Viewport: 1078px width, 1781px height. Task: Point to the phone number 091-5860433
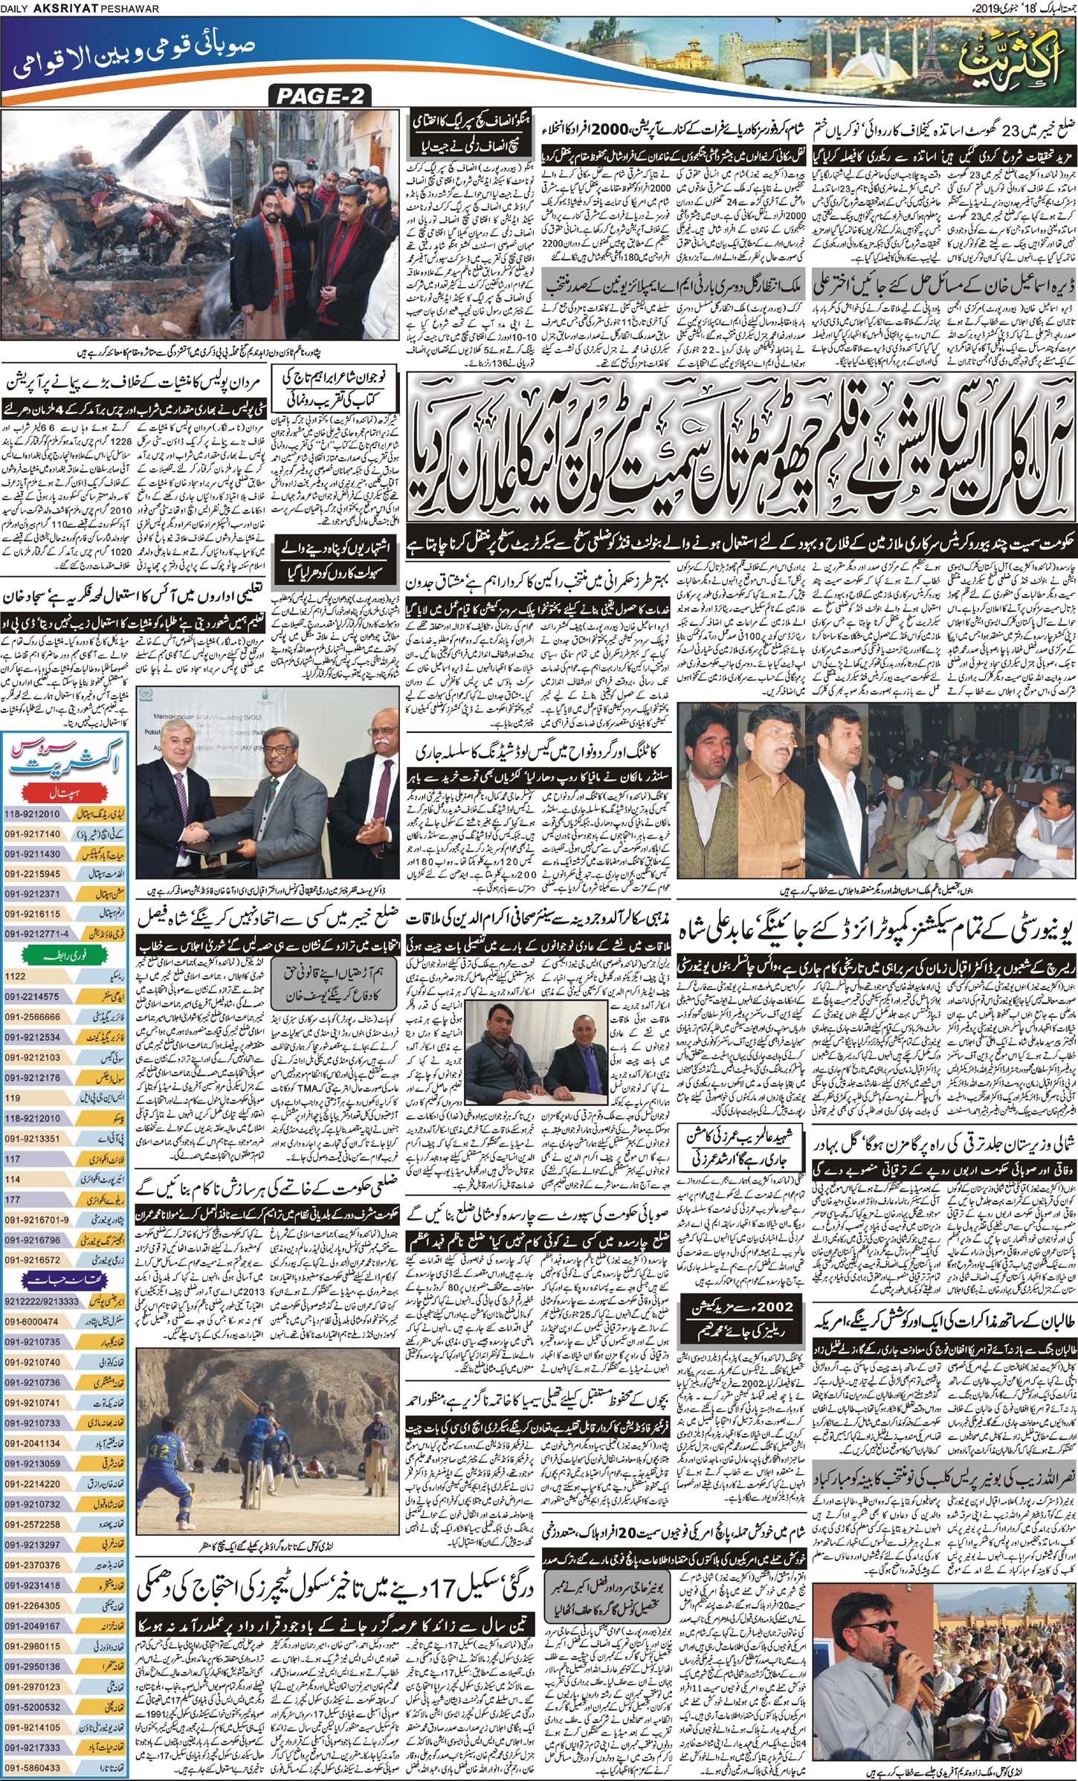coord(33,1764)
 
